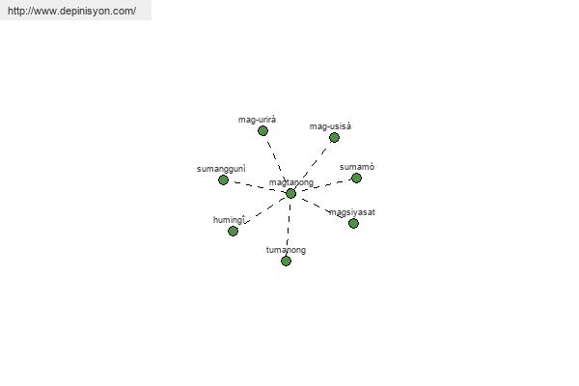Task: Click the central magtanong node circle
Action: tap(291, 193)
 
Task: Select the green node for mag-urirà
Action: tap(262, 131)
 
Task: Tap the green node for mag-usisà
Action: tap(334, 137)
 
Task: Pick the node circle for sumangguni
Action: tap(223, 179)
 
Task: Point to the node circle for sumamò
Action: tap(356, 178)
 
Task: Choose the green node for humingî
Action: tap(233, 231)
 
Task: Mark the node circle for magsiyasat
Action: tap(353, 223)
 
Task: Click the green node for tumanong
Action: tap(286, 262)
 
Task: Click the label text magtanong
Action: tap(291, 182)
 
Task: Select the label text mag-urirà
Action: tap(257, 120)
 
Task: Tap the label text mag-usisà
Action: tap(330, 126)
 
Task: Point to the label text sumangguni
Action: tap(221, 169)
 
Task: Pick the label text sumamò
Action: tap(357, 167)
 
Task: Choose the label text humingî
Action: tap(229, 220)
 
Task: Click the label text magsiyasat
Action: tap(352, 212)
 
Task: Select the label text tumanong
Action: tap(286, 250)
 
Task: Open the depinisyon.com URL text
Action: tap(71, 11)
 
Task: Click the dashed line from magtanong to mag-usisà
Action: tap(313, 165)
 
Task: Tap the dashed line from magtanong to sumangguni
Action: tap(257, 186)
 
